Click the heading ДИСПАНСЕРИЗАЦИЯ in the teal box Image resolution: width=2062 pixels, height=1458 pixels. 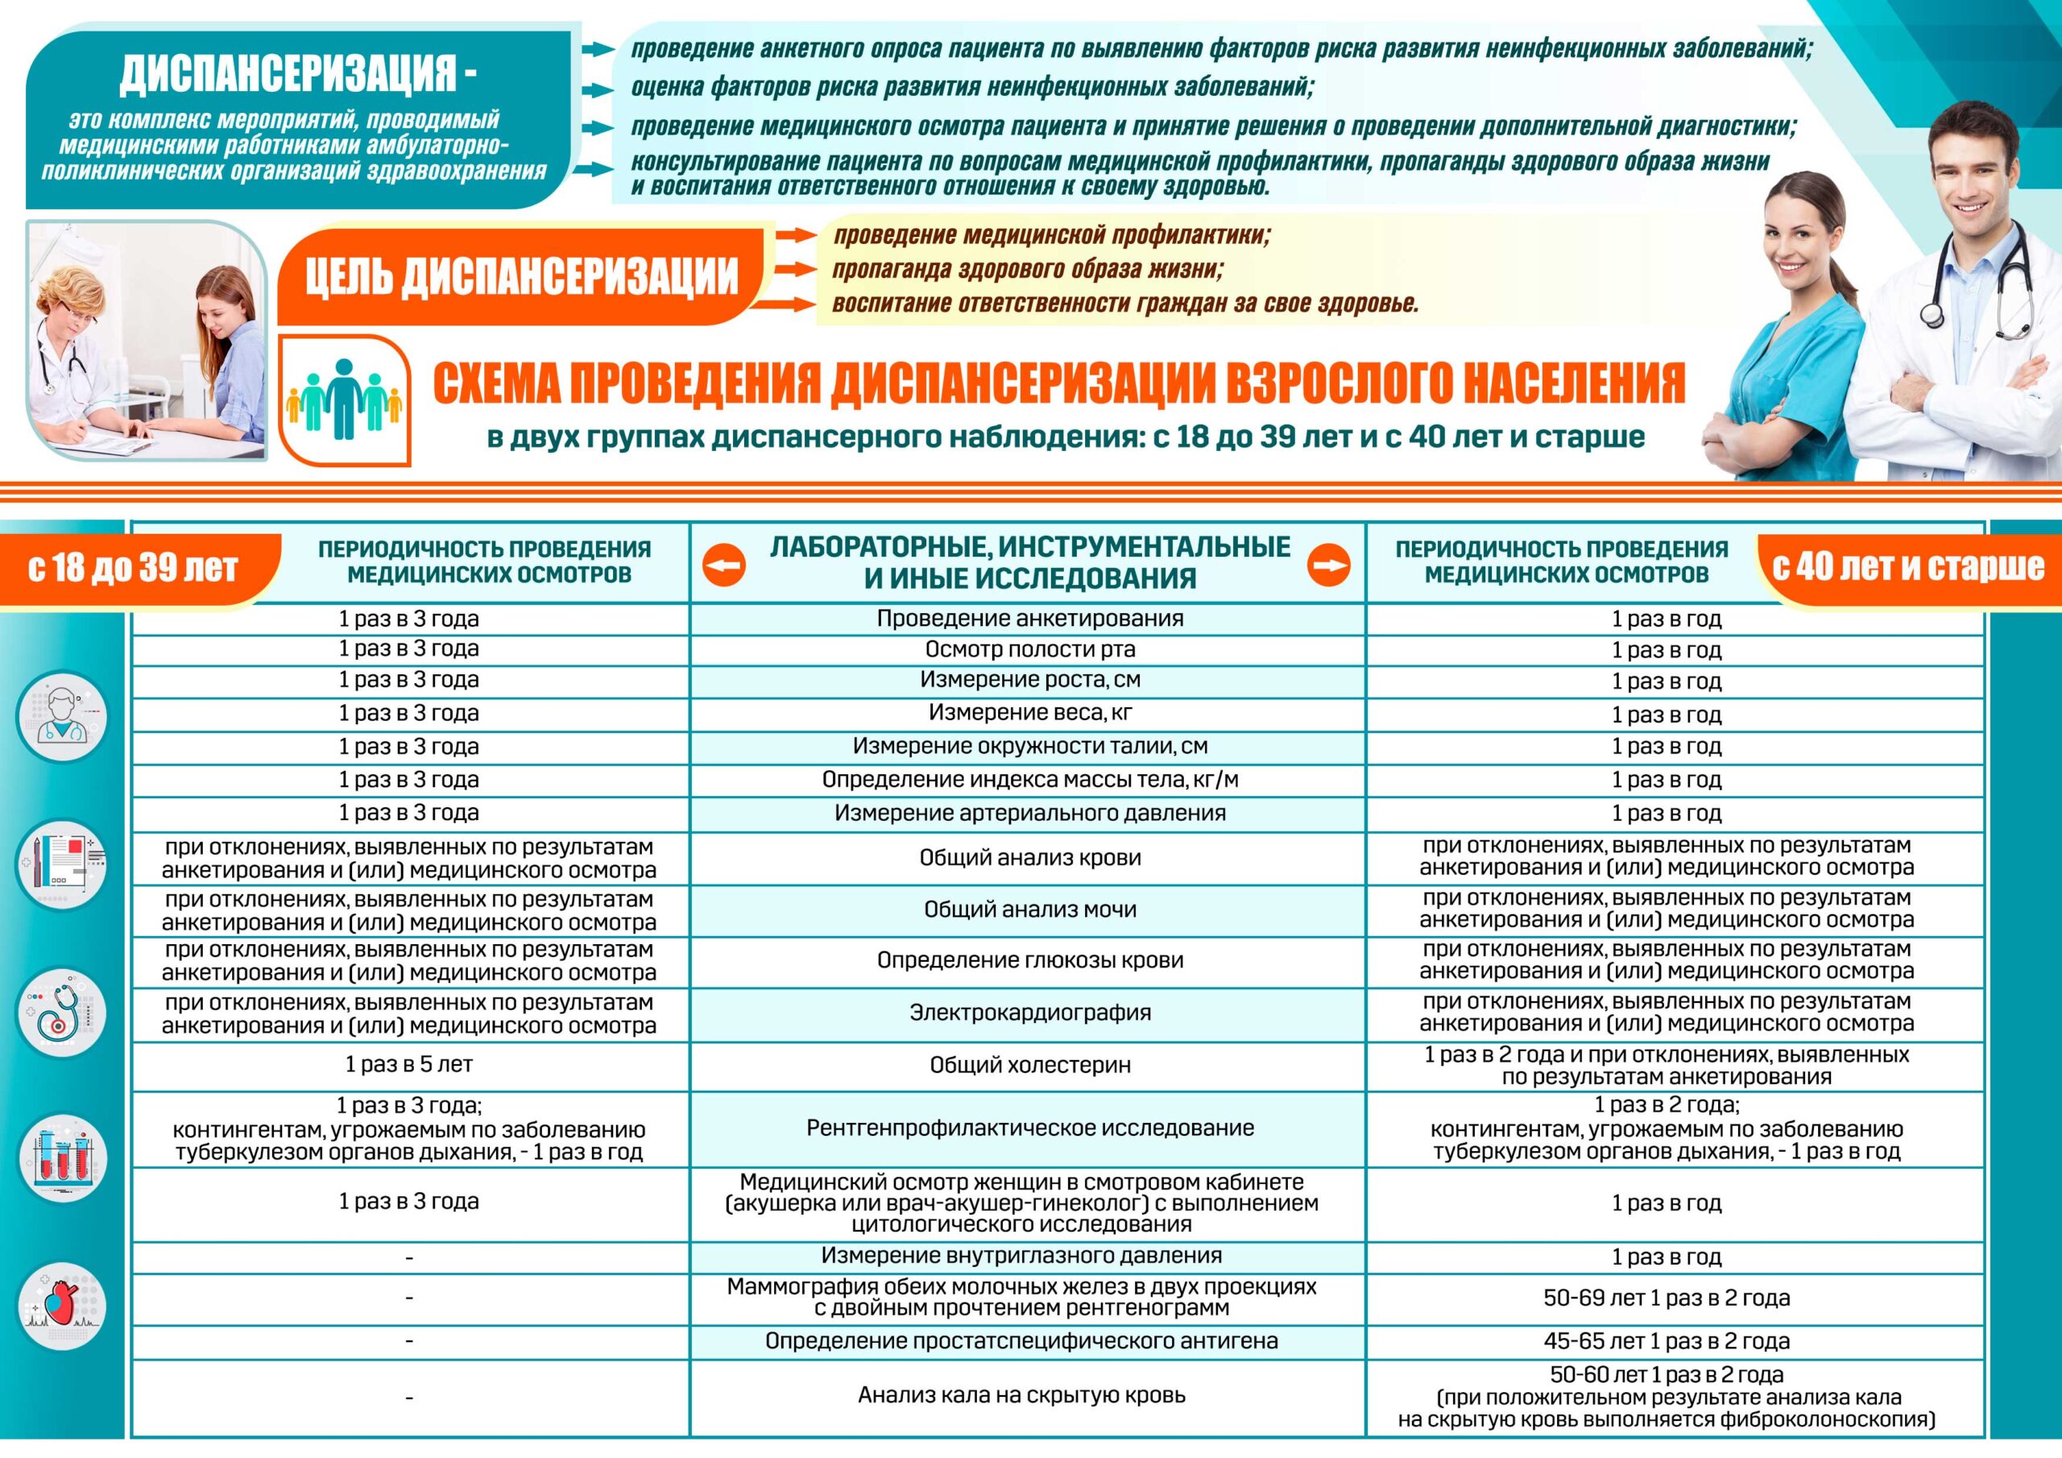pos(297,72)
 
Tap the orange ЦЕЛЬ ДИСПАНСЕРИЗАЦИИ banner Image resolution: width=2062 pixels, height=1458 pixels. pos(521,275)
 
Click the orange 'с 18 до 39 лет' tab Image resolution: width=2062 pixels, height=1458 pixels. pos(135,568)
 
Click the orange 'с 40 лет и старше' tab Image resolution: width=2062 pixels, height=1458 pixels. pos(1907,567)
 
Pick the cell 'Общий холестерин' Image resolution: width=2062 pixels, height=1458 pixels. pos(1029,1066)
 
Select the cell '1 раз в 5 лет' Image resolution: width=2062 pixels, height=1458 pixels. pos(408,1065)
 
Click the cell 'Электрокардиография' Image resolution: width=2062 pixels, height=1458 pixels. pos(1029,1013)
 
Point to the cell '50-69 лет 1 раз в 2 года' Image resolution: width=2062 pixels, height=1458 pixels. pos(1666,1298)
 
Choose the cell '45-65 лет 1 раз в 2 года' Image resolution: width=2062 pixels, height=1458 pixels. pos(1666,1341)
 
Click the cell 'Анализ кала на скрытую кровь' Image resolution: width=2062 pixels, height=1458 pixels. pos(1021,1395)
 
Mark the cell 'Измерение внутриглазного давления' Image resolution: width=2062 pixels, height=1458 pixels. pos(1021,1256)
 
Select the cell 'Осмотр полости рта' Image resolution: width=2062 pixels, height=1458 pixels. pos(1029,649)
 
